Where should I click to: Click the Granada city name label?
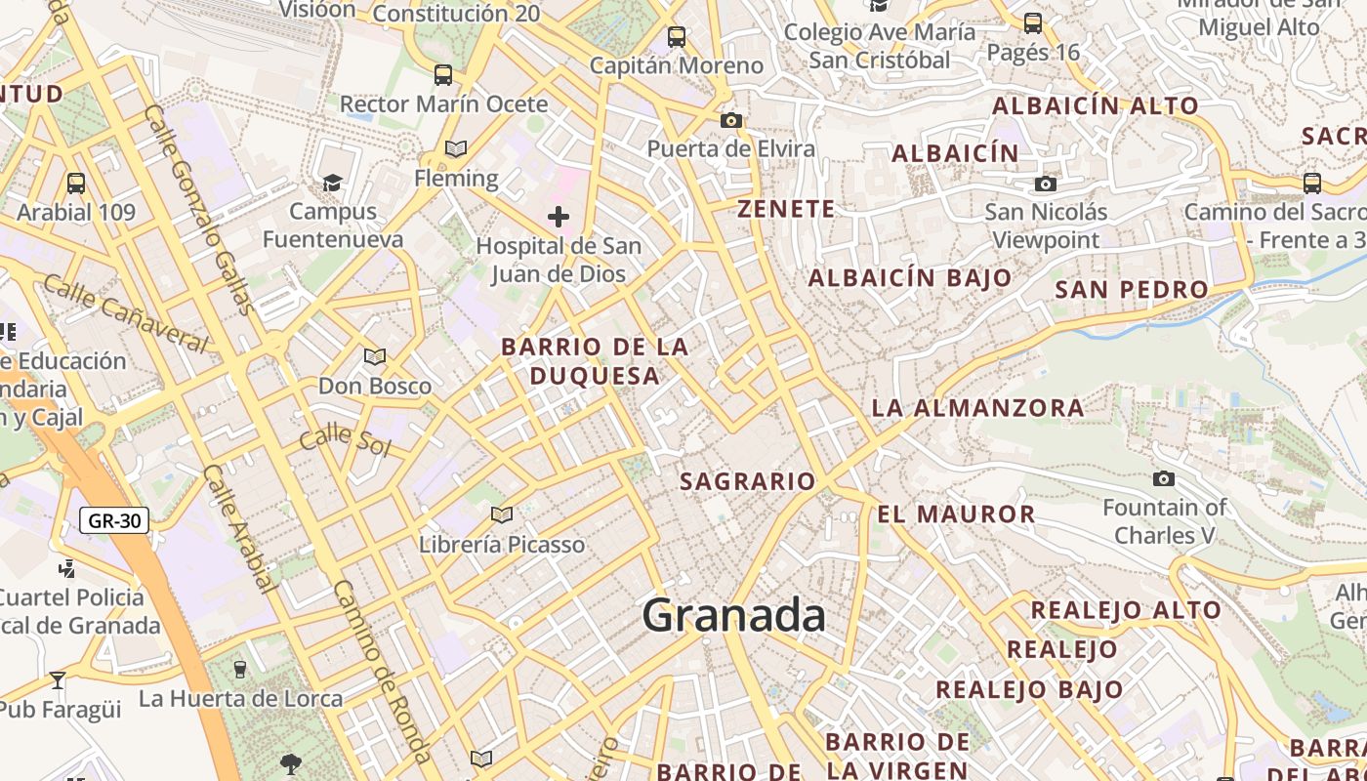tap(734, 615)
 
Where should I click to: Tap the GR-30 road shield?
tap(114, 520)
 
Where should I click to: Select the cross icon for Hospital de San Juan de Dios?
tap(559, 216)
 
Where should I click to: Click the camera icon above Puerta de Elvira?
tap(730, 121)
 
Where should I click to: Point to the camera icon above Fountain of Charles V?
tap(1163, 478)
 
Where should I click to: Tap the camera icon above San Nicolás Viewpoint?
tap(1046, 184)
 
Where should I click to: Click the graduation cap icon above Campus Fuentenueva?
tap(333, 183)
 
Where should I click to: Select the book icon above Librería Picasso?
tap(502, 514)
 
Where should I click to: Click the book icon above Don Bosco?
tap(375, 356)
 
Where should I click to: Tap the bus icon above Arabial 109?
tap(75, 183)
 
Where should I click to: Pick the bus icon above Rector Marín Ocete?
tap(443, 74)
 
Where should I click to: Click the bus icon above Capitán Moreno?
tap(677, 37)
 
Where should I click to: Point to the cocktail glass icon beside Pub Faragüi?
tap(58, 679)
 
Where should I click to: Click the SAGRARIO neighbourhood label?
tap(747, 481)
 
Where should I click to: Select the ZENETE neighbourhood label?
tap(786, 209)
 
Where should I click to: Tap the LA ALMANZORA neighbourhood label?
tap(977, 408)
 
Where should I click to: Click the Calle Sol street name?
tap(345, 441)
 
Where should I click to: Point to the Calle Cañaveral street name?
tap(126, 313)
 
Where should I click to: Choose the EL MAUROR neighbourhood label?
tap(956, 514)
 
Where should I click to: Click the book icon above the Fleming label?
tap(456, 148)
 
